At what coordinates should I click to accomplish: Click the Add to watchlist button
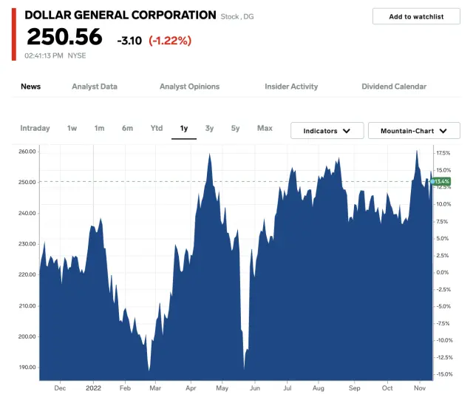click(416, 16)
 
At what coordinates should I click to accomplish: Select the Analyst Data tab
click(95, 87)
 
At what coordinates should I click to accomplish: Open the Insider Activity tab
click(291, 87)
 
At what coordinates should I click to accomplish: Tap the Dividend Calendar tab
click(394, 87)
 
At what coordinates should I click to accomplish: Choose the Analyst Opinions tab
click(189, 87)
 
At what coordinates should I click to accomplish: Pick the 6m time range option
click(128, 129)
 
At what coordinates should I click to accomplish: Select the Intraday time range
click(35, 129)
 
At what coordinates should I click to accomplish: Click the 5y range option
click(235, 129)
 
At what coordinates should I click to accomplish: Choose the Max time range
click(265, 129)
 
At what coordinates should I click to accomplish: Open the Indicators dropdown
click(327, 131)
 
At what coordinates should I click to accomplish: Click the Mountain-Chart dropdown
click(414, 131)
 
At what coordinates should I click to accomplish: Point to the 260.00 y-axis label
click(27, 152)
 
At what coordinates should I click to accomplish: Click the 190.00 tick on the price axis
click(27, 367)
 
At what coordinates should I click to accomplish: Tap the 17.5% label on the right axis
click(443, 153)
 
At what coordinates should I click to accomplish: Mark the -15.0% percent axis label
click(443, 374)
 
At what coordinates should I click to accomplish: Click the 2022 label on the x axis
click(93, 388)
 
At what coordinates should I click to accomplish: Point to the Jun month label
click(255, 388)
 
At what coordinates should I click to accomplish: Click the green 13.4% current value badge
click(442, 181)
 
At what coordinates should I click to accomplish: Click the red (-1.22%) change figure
click(170, 40)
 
